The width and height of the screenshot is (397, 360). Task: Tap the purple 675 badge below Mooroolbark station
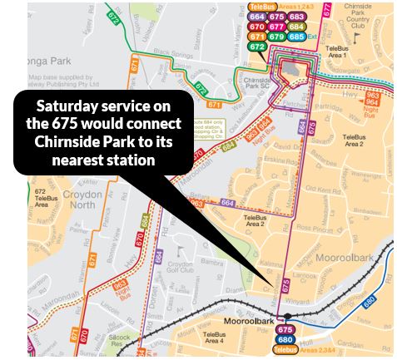[x=285, y=329]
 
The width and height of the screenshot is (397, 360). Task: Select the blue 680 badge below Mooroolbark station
[x=285, y=339]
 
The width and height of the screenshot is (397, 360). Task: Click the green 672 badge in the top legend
[x=258, y=47]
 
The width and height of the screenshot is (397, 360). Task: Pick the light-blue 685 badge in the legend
[x=297, y=36]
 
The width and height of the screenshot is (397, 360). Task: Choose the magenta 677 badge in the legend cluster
[x=277, y=26]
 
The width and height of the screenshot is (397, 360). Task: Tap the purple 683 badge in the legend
[x=297, y=16]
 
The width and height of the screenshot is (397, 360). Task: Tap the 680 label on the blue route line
[x=368, y=302]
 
